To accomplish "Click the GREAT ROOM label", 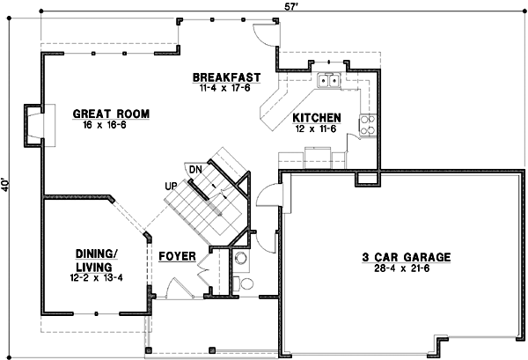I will tap(110, 114).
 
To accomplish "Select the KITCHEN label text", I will tap(317, 117).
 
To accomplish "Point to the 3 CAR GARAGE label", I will tap(407, 257).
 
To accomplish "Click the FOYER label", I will tap(177, 257).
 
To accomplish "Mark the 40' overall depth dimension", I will tap(7, 186).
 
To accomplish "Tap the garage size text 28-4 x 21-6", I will tap(407, 268).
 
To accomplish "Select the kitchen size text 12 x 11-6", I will tap(317, 128).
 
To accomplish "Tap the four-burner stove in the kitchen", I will tap(368, 125).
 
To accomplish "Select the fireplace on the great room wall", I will tap(33, 123).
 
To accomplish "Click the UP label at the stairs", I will tap(171, 186).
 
